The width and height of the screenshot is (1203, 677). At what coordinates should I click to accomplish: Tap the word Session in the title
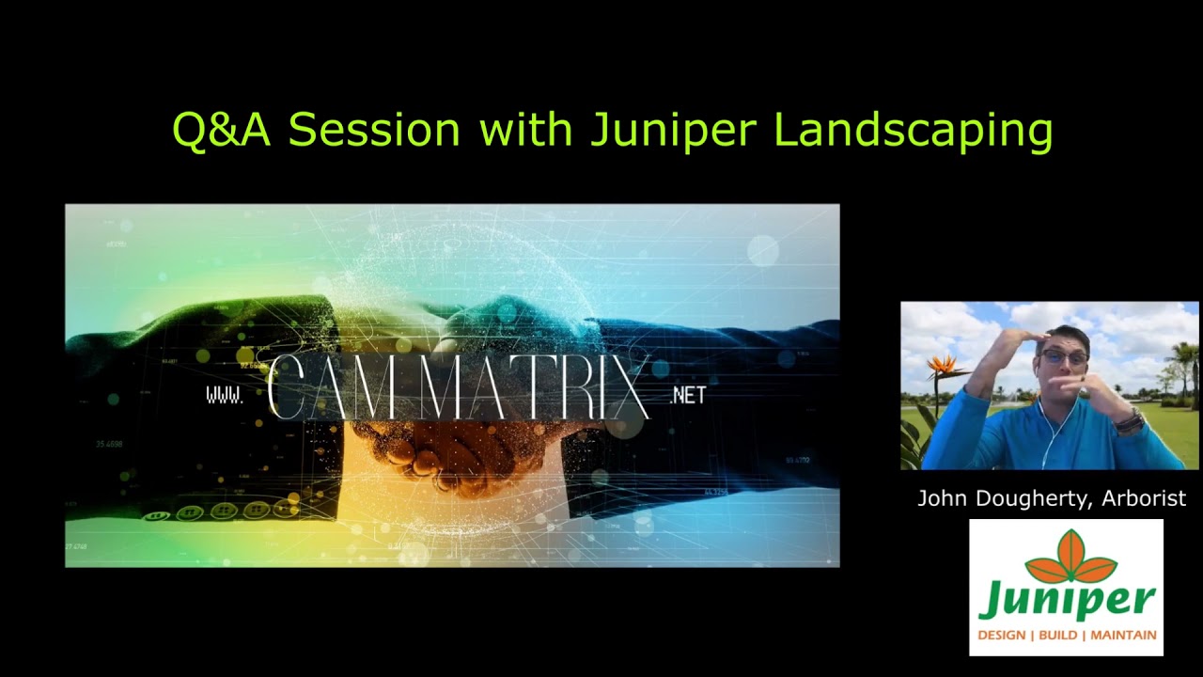tap(373, 129)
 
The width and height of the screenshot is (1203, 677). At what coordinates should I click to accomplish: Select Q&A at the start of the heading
tap(221, 129)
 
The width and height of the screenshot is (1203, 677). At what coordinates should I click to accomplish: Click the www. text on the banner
tap(225, 396)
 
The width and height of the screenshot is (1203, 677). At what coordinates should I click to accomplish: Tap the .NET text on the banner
tap(688, 396)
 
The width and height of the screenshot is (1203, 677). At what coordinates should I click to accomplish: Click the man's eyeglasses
tap(1064, 358)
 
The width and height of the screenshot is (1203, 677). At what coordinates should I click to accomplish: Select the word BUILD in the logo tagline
tap(1057, 636)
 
